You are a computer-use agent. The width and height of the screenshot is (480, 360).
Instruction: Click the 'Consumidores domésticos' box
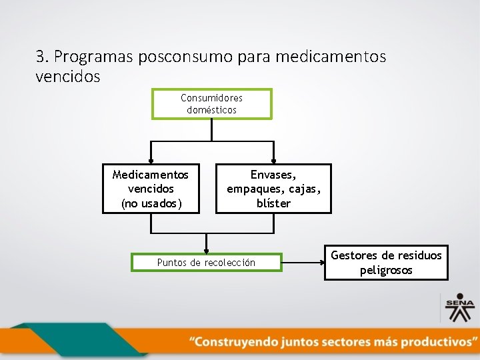click(x=211, y=104)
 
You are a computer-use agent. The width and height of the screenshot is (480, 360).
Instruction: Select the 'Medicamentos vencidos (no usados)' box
click(x=151, y=189)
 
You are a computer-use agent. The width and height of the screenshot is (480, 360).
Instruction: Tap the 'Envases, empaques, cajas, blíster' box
click(x=273, y=189)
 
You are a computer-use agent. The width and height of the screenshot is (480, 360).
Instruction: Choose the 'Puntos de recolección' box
click(x=207, y=263)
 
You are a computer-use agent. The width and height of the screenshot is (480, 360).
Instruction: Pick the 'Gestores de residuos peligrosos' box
click(x=386, y=263)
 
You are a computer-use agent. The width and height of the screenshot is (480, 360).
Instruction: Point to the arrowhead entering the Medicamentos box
click(x=151, y=161)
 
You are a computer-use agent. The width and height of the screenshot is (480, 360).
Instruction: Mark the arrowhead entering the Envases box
click(x=273, y=161)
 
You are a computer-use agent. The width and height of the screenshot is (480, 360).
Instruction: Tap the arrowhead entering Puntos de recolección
click(x=207, y=250)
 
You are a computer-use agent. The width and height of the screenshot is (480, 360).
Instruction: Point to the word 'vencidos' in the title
click(x=67, y=77)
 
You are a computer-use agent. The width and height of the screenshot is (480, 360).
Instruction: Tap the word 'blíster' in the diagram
click(x=273, y=203)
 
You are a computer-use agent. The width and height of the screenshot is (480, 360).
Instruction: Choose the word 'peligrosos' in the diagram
click(x=386, y=270)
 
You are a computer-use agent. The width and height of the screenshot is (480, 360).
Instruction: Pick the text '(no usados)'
click(x=151, y=203)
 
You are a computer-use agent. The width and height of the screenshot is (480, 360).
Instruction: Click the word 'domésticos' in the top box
click(x=211, y=110)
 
